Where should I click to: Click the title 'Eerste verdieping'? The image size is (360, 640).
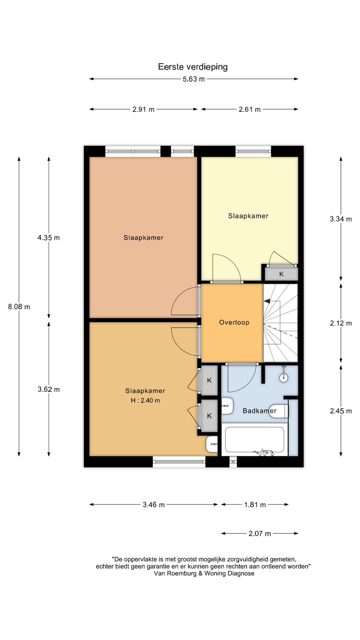[193, 67]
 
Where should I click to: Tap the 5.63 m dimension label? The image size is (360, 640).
[194, 79]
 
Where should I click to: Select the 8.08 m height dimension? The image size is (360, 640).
[19, 307]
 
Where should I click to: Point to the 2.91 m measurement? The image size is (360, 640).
[143, 109]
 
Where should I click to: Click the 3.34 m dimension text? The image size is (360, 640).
[341, 219]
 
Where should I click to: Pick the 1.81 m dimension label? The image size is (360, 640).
[255, 505]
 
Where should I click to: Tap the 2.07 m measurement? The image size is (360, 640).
[260, 534]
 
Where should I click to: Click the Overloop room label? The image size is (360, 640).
[234, 322]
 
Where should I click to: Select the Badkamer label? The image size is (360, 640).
[259, 411]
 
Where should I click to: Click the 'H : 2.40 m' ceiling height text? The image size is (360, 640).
[145, 400]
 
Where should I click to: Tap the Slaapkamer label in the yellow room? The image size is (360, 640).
[248, 216]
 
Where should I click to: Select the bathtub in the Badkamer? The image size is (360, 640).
[255, 439]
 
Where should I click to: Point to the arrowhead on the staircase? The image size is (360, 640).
[267, 301]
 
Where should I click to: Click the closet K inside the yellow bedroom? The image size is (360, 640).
[281, 274]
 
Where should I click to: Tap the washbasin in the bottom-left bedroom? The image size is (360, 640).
[212, 444]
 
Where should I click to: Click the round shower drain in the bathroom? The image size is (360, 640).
[284, 378]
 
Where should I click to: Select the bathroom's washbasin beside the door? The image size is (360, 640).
[227, 406]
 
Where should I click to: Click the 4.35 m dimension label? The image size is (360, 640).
[49, 238]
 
